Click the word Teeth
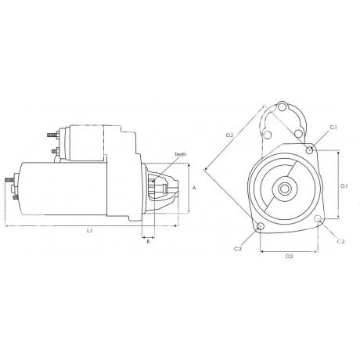180,154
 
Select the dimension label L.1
89,230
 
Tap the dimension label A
194,188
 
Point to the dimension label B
148,242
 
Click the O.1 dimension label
344,186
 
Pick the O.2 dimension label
290,257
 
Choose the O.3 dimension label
229,135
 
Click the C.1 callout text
333,128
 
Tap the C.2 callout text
340,242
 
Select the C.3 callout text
238,249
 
